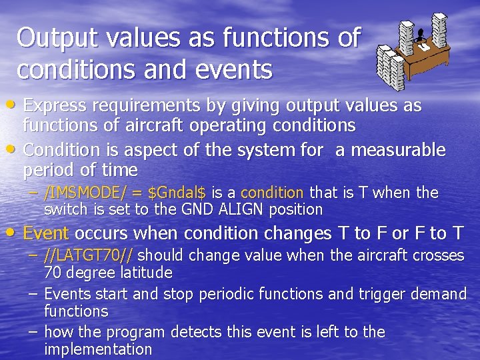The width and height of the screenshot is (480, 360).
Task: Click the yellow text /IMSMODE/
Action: pos(84,193)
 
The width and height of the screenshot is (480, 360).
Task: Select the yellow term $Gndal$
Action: pos(176,193)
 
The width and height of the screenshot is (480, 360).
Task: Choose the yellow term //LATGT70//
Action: pos(89,255)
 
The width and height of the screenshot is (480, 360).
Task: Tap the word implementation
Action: pos(97,349)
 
